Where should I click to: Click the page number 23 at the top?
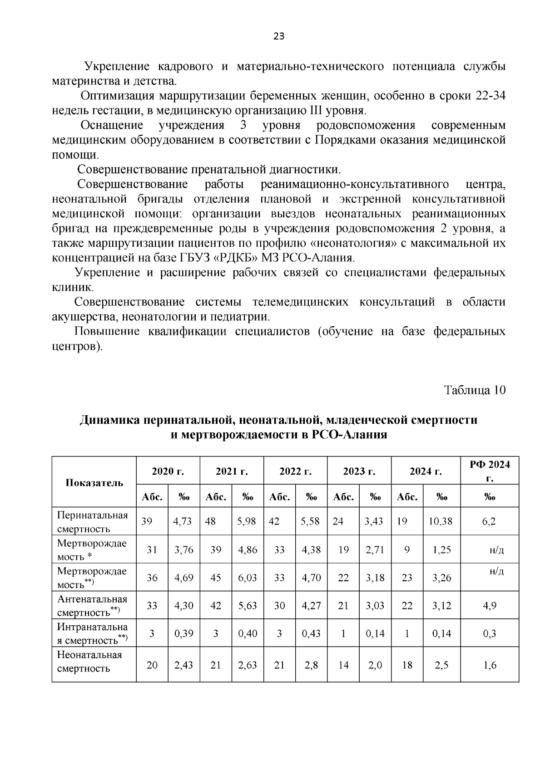tap(279, 37)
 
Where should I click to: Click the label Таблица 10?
tap(475, 390)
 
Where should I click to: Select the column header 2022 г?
tap(295, 471)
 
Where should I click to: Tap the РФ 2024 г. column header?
tap(489, 471)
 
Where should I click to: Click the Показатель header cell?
tap(94, 482)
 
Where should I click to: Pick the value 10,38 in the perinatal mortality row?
tap(441, 521)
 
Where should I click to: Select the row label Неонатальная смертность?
tap(89, 662)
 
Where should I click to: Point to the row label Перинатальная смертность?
tap(92, 522)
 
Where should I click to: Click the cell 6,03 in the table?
tap(248, 578)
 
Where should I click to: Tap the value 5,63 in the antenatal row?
tap(248, 606)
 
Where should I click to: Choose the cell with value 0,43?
tap(311, 633)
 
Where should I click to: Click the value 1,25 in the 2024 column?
tap(441, 549)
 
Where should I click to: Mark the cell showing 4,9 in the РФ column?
tap(489, 606)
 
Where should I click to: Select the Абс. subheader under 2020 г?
tap(152, 496)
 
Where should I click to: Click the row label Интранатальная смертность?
tap(92, 633)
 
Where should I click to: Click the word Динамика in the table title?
tap(109, 420)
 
